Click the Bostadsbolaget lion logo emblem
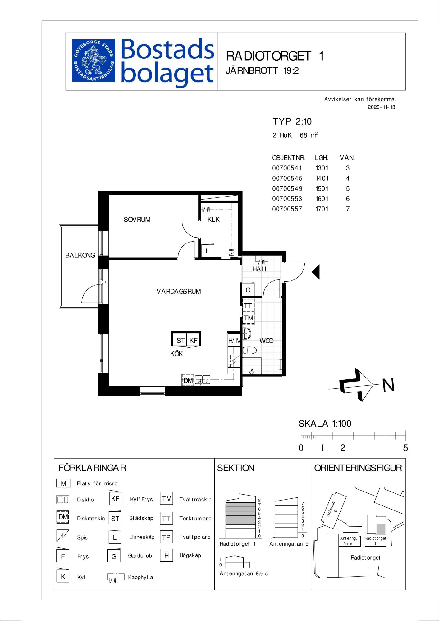coord(94,61)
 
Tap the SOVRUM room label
coord(137,220)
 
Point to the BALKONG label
coord(80,255)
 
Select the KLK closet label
coord(213,220)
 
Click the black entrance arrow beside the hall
coord(316,272)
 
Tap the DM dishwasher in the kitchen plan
coord(188,380)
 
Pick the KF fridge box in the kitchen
coord(194,340)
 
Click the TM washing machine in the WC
coord(249,318)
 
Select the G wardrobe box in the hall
coord(248,290)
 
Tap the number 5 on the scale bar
coord(405,448)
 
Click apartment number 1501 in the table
coord(322,188)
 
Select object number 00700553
coord(287,199)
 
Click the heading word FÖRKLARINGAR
coord(92,468)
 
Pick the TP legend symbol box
coord(166,537)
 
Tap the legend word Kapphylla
coord(140,577)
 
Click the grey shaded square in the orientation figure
coord(381,529)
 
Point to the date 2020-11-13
coord(382,107)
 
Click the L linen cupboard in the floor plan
coord(207,251)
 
